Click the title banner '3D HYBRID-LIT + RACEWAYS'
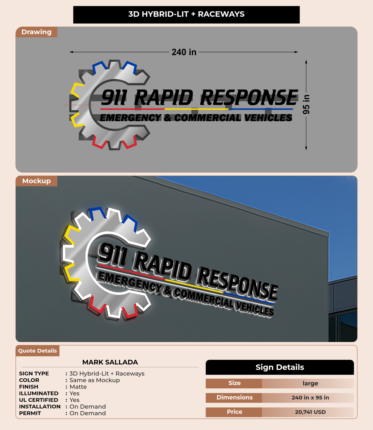coord(186,14)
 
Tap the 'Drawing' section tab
coord(36,32)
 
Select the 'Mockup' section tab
coord(36,181)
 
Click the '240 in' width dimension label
coord(184,52)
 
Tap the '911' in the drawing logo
coord(114,98)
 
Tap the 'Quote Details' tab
coord(37,351)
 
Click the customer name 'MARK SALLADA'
coord(110,362)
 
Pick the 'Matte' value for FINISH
coord(78,387)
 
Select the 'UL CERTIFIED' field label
coord(38,400)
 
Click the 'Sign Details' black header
coord(279,367)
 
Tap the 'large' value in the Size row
coord(310,383)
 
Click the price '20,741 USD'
coord(310,412)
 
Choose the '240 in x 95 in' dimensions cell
coord(310,398)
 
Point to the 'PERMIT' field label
coord(30,413)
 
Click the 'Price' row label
coord(234,412)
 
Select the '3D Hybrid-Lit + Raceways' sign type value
coord(107,373)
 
